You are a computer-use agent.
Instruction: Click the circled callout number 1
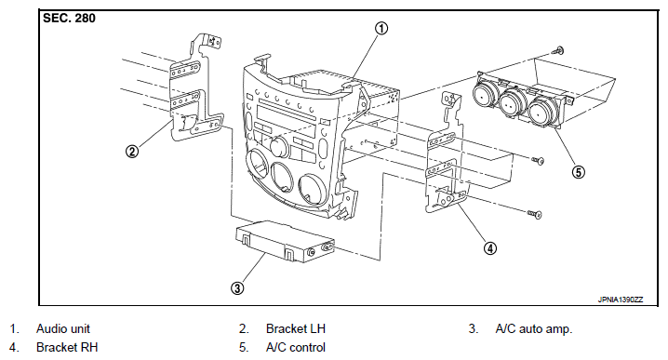click(381, 29)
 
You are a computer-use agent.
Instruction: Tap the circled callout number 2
click(132, 152)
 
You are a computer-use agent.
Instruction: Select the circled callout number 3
click(237, 288)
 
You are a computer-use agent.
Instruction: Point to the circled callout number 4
click(490, 248)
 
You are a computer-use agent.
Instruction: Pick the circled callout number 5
click(578, 172)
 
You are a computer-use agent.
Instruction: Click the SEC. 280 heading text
click(69, 19)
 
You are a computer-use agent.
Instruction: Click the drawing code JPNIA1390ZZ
click(621, 300)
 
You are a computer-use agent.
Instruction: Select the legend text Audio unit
click(63, 329)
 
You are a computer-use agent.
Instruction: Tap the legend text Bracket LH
click(296, 329)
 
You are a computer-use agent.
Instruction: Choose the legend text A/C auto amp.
click(534, 329)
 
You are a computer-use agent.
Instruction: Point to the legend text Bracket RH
click(67, 348)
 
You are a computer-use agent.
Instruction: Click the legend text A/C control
click(296, 348)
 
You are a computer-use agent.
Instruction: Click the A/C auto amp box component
click(285, 242)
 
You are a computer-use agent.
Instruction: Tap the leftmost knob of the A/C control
click(484, 96)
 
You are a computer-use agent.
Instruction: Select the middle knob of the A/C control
click(512, 103)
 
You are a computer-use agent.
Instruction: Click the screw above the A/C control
click(557, 51)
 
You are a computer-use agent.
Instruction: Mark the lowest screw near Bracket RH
click(535, 214)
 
